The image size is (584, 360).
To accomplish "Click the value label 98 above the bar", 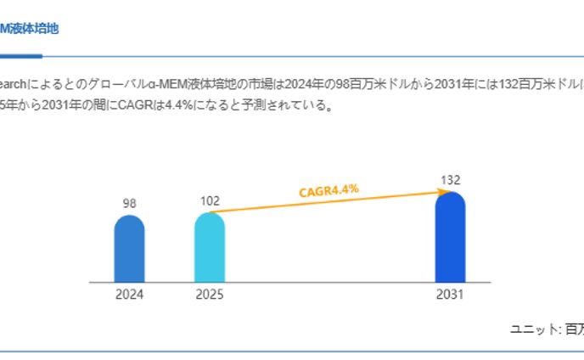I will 129,204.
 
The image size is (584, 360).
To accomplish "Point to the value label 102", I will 210,201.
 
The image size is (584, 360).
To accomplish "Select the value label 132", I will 450,180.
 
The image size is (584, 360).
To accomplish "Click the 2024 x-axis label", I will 129,295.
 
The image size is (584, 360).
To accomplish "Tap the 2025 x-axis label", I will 210,295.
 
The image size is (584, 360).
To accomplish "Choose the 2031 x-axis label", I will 450,295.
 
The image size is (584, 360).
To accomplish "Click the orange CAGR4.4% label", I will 328,191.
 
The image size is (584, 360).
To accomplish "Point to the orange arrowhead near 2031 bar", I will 444,194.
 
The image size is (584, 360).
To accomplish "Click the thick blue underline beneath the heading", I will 20,56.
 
